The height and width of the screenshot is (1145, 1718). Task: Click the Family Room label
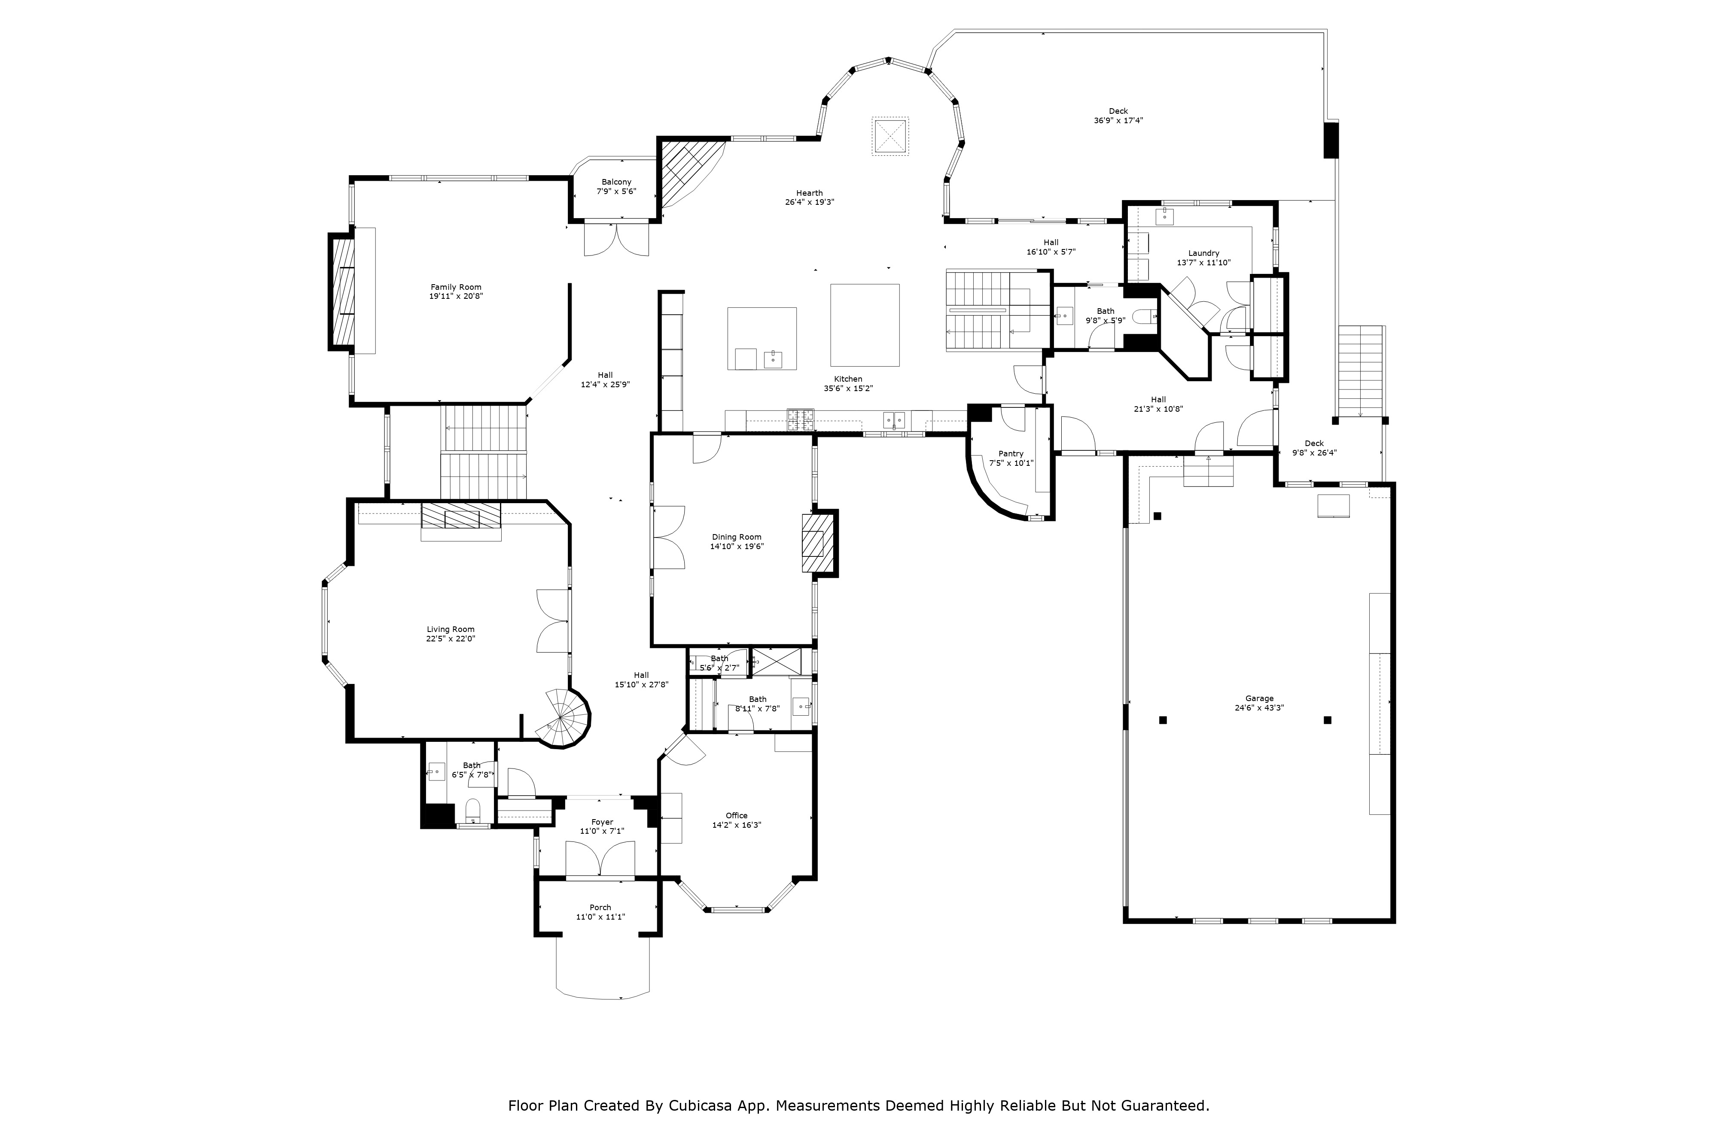point(456,287)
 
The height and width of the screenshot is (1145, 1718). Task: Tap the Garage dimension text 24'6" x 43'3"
point(1259,708)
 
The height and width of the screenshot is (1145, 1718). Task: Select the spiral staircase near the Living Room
point(564,719)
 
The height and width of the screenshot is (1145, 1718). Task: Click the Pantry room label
point(1011,453)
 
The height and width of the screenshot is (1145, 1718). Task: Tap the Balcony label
point(616,182)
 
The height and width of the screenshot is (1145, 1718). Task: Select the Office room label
point(736,816)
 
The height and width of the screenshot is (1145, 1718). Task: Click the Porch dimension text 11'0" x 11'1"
point(600,917)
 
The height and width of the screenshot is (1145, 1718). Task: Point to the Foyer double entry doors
point(600,859)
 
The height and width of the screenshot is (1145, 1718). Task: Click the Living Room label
point(451,629)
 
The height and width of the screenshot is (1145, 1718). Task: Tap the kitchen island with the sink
point(762,339)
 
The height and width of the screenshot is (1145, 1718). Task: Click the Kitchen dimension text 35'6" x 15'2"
point(848,389)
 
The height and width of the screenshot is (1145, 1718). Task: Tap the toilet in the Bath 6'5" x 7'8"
point(472,809)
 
